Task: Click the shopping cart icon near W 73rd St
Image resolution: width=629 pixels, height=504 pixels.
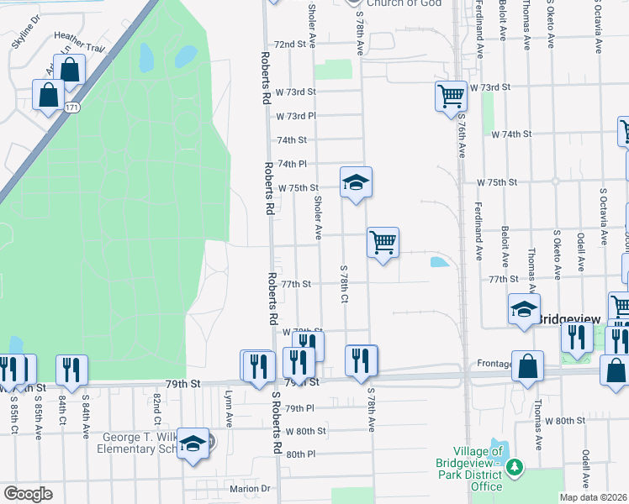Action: point(451,96)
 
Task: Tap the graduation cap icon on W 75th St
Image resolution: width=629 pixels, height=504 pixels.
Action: point(356,181)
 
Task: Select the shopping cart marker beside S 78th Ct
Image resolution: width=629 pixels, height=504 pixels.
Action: point(383,243)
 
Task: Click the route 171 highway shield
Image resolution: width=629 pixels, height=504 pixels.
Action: point(73,108)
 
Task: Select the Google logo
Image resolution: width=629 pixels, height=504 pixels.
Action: point(28,494)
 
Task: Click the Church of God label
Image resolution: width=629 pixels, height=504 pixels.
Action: point(391,3)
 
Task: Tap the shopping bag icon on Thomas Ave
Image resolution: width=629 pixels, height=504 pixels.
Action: point(527,367)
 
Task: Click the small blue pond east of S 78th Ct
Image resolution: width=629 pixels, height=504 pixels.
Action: point(438,262)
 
